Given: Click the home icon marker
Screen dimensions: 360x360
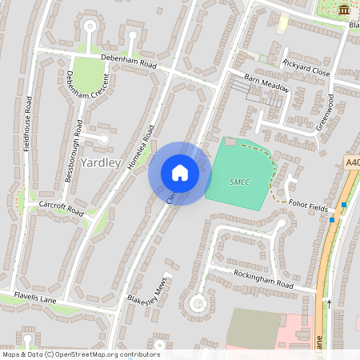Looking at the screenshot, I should (x=180, y=173).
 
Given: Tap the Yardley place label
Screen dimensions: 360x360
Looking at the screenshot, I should (x=101, y=162).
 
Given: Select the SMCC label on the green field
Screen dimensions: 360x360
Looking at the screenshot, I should (x=240, y=182).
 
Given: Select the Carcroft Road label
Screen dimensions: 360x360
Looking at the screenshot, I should (x=61, y=209).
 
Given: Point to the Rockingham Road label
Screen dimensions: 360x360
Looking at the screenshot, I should (x=263, y=279).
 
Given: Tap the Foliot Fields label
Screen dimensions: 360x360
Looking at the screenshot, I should (x=308, y=207).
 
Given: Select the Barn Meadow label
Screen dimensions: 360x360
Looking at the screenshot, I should (x=265, y=82).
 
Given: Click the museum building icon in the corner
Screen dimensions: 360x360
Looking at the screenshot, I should (x=344, y=10).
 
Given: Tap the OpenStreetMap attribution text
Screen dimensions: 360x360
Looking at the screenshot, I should (x=80, y=354).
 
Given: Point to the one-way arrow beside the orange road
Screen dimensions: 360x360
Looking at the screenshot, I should (x=328, y=303).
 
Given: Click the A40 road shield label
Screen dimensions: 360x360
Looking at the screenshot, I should (x=353, y=162).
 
